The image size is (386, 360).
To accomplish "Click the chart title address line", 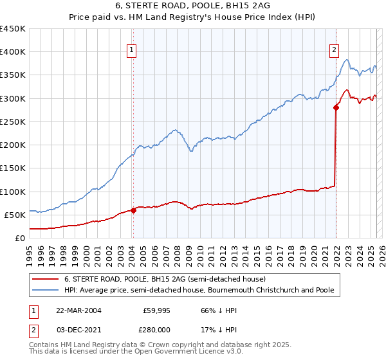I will pos(193,6).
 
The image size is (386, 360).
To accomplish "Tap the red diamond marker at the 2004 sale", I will pos(133,210).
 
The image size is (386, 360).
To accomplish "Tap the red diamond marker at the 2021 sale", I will pos(336,108).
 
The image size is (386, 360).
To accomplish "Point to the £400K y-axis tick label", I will pos(13,52).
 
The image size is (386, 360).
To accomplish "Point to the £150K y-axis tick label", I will pos(13,168).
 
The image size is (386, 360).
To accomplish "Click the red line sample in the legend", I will pos(45,279).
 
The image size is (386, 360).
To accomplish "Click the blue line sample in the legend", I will pos(45,290).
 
